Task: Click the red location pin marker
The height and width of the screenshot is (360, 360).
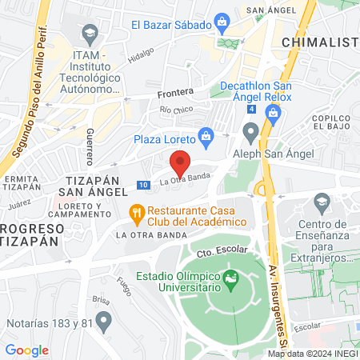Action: tap(180, 162)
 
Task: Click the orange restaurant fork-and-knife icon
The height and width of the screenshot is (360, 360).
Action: tap(137, 212)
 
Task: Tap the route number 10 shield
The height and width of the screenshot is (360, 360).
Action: tap(142, 185)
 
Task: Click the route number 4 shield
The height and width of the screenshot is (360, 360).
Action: tap(252, 109)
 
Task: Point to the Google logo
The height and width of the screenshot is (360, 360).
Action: tap(27, 350)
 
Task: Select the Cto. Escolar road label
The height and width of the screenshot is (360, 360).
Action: tap(216, 251)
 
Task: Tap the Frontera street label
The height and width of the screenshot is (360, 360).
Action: tap(175, 92)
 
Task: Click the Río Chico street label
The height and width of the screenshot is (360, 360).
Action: tap(177, 109)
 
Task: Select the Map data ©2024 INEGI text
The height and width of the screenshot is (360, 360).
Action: tap(312, 353)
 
